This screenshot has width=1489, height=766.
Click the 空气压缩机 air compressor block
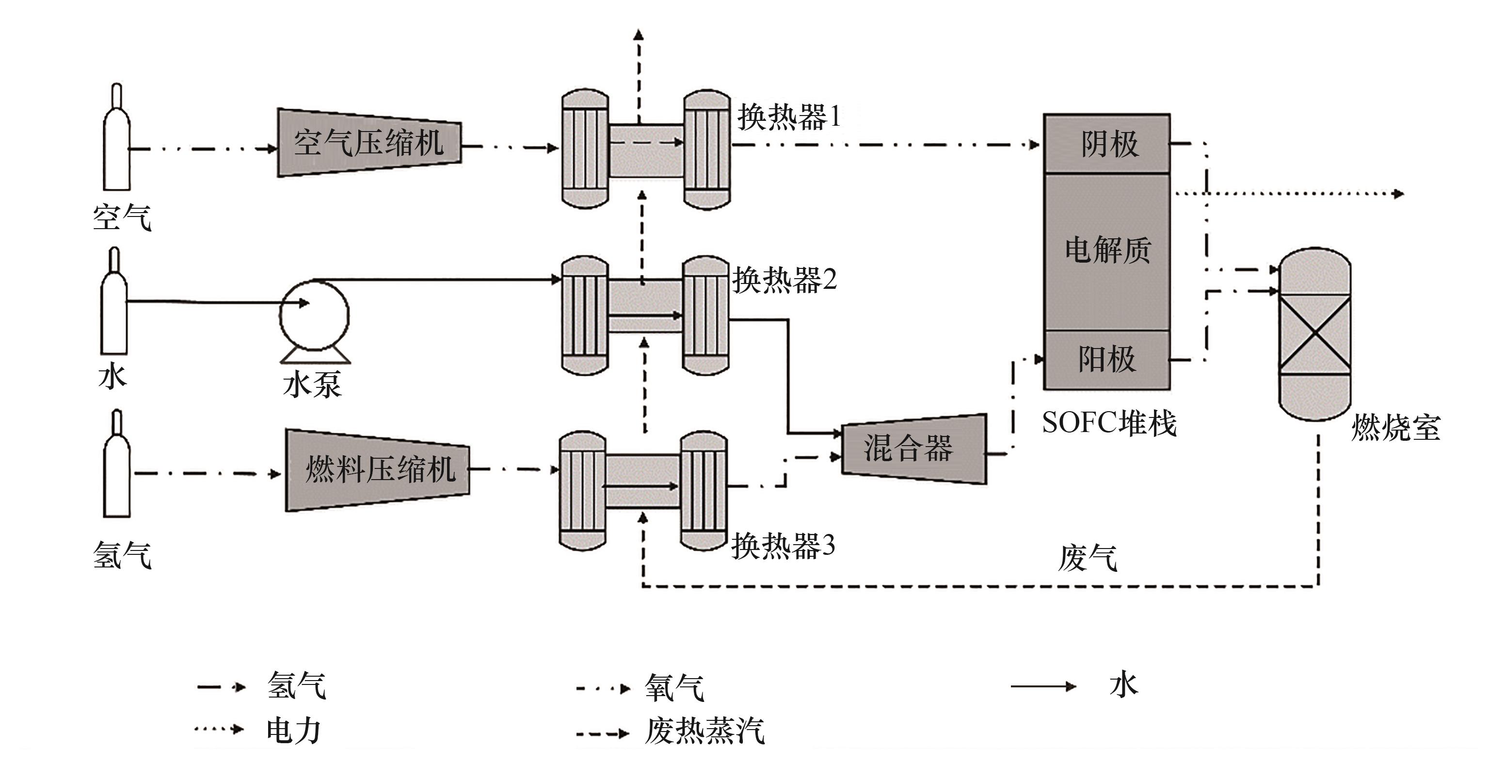point(369,142)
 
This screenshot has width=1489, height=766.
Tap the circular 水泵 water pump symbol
point(314,315)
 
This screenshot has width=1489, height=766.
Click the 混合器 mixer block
point(913,449)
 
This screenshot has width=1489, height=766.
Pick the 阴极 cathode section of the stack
point(1106,144)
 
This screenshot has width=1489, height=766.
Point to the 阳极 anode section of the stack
point(1106,359)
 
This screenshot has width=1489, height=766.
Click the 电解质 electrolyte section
point(1106,250)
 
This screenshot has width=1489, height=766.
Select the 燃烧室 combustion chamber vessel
point(1314,334)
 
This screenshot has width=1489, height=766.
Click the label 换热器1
point(788,118)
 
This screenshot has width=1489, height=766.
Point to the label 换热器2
point(785,281)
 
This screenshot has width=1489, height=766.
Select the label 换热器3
point(783,546)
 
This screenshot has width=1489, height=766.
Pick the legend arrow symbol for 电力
point(219,729)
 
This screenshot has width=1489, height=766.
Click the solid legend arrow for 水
point(1043,687)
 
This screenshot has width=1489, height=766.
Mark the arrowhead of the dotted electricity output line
point(1398,194)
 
